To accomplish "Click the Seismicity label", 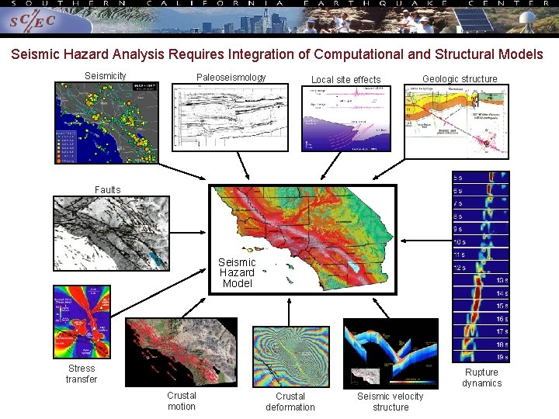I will (105, 77).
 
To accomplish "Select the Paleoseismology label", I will (231, 78).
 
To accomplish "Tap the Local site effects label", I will (345, 80).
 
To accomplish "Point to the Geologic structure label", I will (460, 79).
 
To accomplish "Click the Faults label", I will (108, 190).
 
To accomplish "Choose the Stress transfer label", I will (82, 374).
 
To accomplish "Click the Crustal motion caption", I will (182, 401).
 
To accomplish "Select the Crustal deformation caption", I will (290, 402).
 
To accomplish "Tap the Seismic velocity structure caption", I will (390, 402).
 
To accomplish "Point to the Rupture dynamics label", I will (481, 378).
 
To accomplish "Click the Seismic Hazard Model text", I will (237, 273).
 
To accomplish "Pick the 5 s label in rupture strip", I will (459, 178).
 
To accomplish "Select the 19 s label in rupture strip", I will (502, 357).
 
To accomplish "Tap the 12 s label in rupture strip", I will (459, 268).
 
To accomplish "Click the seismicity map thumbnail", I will (106, 123).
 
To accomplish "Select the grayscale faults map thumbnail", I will (110, 233).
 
